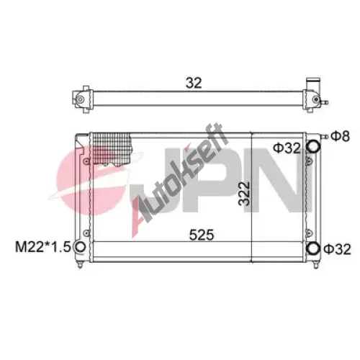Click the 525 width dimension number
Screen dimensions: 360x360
202,235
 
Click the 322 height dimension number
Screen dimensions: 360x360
244,194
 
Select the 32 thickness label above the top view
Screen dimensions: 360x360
194,83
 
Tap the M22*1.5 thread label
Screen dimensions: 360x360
42,247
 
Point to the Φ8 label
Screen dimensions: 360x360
340,136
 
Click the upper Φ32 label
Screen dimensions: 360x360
287,148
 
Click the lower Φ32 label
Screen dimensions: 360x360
337,249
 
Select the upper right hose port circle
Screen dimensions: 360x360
314,146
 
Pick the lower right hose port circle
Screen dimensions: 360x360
313,248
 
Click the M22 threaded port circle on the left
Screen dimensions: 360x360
80,247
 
